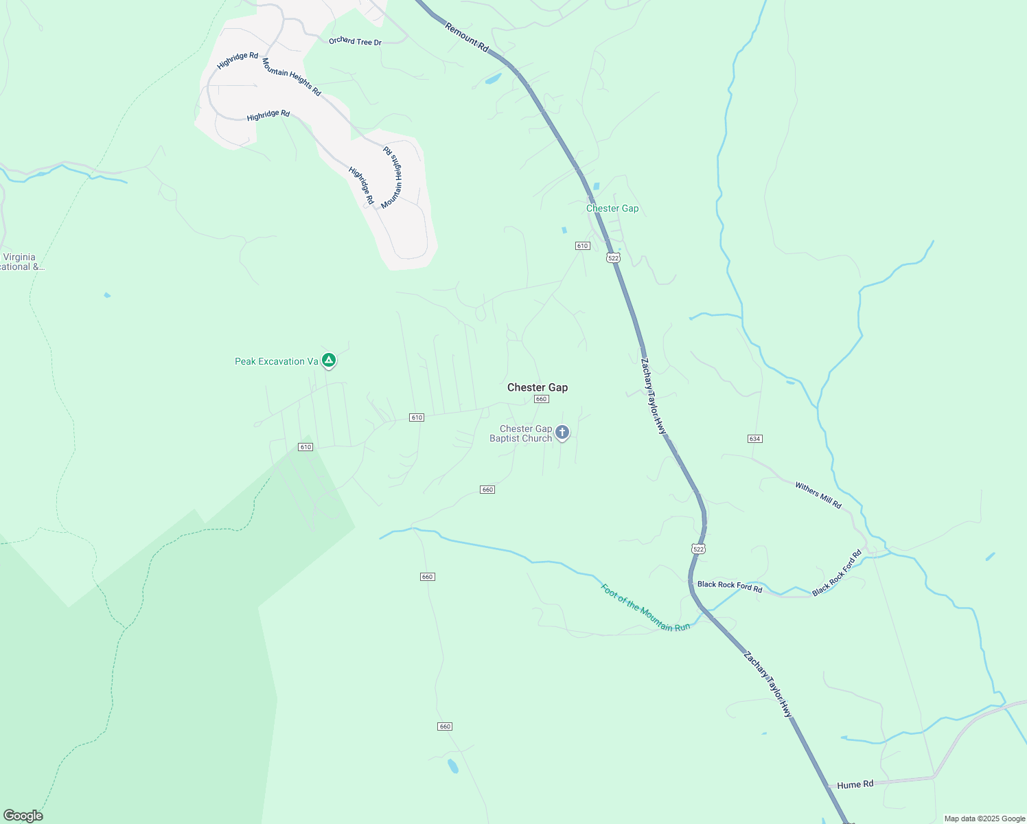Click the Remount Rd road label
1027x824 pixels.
(x=467, y=38)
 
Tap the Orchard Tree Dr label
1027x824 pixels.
(x=355, y=41)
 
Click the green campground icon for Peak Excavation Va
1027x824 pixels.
(x=329, y=360)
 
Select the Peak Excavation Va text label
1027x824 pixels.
(x=276, y=361)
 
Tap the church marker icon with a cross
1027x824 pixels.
(x=562, y=433)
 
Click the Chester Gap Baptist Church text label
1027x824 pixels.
(x=521, y=433)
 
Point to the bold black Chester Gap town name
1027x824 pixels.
(x=538, y=387)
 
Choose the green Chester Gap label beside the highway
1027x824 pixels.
(x=612, y=208)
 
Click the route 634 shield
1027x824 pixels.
(x=755, y=438)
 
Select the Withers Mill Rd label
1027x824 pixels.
(x=818, y=495)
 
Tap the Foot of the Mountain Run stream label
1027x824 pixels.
(x=645, y=608)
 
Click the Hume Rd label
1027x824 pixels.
(x=855, y=784)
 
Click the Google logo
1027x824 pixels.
(x=23, y=816)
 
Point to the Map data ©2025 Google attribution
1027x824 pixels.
(x=984, y=819)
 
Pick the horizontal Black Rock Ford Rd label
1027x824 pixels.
(x=730, y=586)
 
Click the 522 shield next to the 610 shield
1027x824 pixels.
(x=613, y=257)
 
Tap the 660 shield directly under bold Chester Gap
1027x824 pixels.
(x=541, y=399)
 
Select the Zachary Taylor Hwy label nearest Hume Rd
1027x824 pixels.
(x=768, y=685)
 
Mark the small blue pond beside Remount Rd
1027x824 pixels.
(x=493, y=79)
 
